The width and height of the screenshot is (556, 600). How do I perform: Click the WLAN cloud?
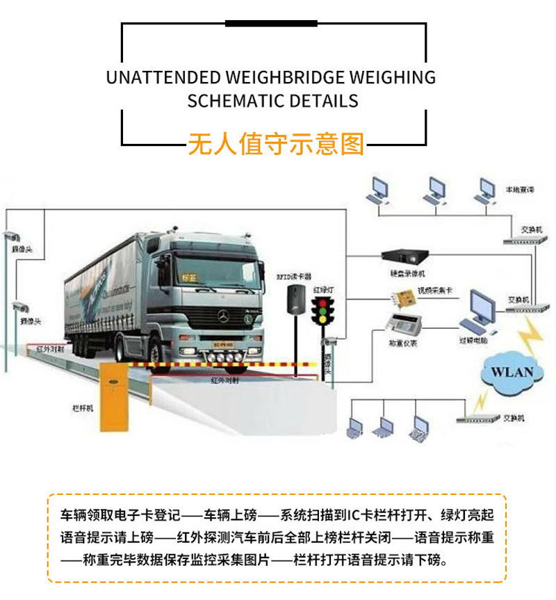coord(512,371)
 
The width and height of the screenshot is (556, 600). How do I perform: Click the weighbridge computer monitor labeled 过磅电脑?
coord(479,307)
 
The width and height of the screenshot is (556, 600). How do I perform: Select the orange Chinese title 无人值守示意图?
coord(276,143)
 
